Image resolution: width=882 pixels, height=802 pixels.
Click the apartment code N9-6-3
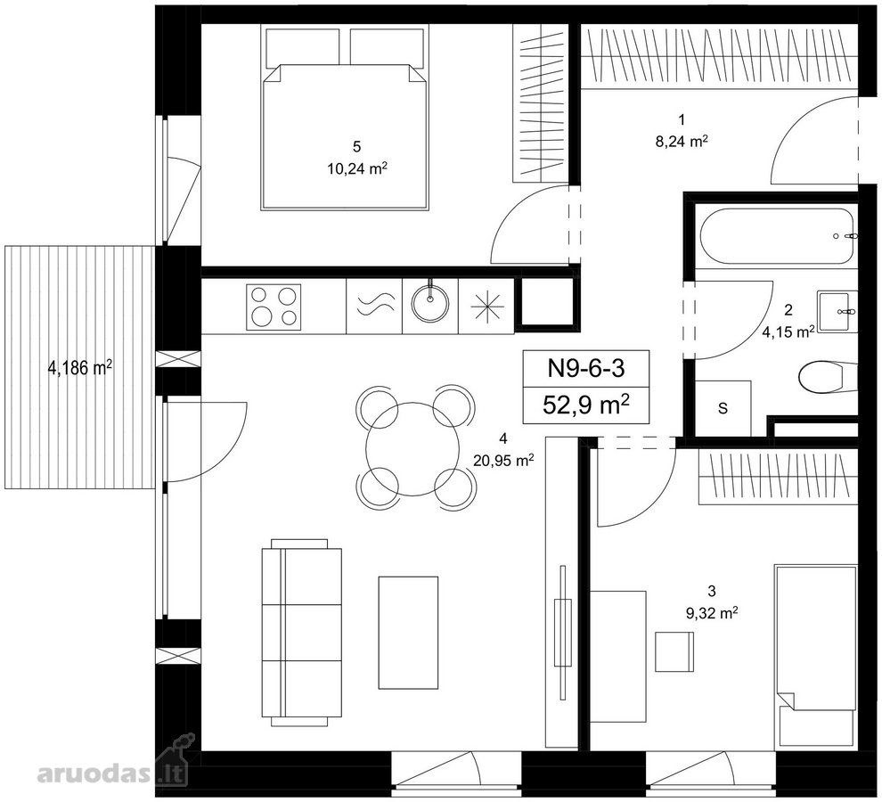click(x=586, y=369)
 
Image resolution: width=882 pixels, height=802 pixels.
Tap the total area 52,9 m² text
click(x=585, y=405)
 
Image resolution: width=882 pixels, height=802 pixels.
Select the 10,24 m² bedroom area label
click(x=357, y=168)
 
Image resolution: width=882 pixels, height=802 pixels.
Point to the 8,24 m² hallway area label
click(x=682, y=142)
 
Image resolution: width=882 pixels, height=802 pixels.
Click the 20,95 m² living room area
click(x=503, y=461)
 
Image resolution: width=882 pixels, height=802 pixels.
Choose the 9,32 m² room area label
click(x=712, y=613)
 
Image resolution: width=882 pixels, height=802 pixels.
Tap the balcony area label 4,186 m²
click(x=80, y=368)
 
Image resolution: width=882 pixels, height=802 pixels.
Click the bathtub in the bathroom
click(x=779, y=236)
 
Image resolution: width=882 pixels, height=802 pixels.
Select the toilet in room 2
click(x=828, y=377)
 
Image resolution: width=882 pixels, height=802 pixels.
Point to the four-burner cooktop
click(x=274, y=307)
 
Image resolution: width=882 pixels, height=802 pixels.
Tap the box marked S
click(x=723, y=407)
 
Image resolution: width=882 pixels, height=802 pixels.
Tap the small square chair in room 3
click(x=674, y=651)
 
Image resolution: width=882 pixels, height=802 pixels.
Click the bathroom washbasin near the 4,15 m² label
click(x=837, y=311)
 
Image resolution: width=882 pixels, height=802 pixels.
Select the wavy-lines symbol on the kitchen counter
click(x=374, y=307)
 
